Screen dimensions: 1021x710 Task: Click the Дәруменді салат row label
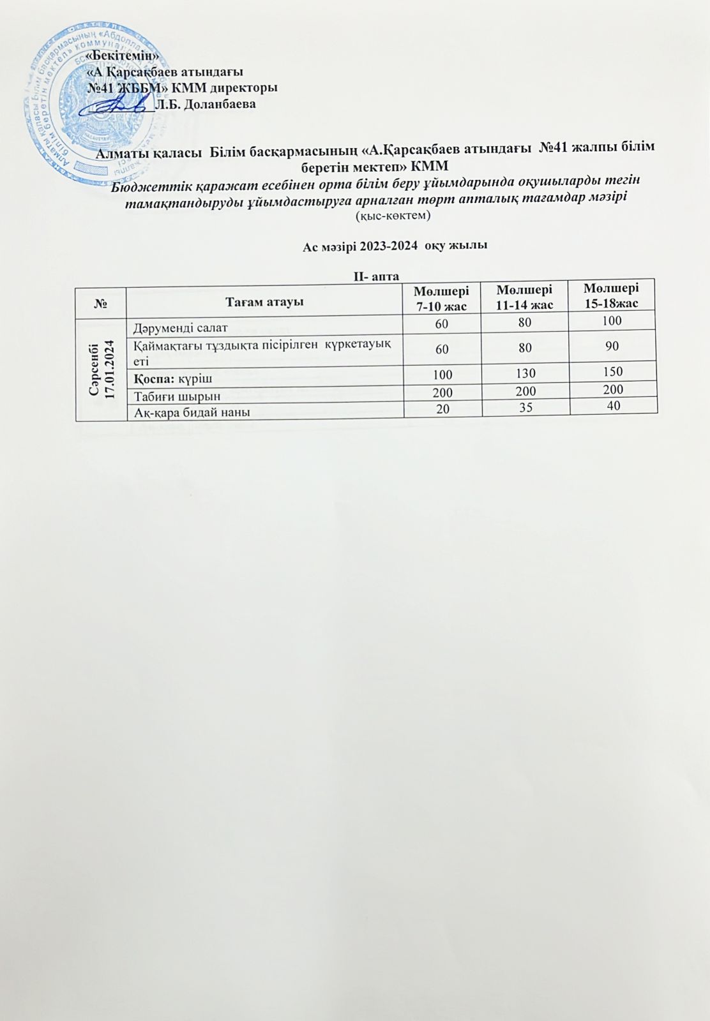pos(181,329)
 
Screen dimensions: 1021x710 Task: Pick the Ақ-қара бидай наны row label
pos(192,412)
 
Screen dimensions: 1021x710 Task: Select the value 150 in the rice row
pos(612,371)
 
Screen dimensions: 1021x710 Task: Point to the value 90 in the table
pos(613,345)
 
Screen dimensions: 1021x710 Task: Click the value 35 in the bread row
pos(526,407)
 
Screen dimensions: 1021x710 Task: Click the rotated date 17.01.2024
pos(110,368)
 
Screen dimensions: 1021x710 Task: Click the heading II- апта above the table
pos(377,276)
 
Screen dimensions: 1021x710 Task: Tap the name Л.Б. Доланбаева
pos(206,104)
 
